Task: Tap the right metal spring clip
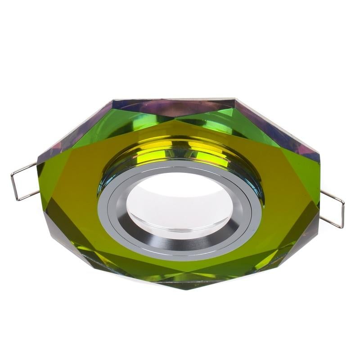point(333,208)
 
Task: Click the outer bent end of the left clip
point(13,184)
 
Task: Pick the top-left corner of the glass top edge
point(112,100)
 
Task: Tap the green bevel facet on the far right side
point(310,180)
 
